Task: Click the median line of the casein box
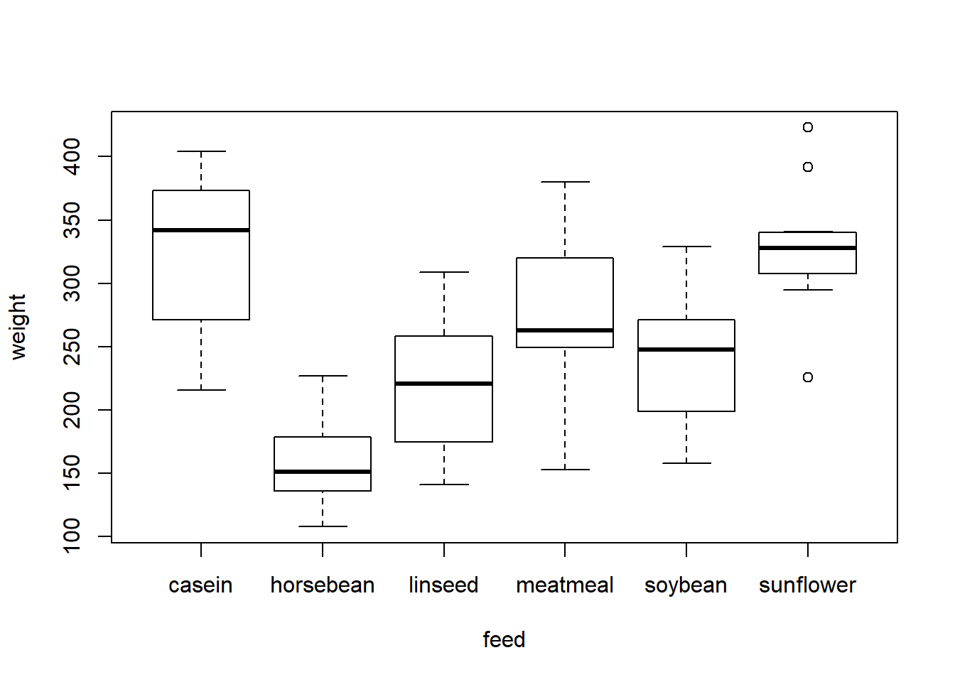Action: [x=201, y=230]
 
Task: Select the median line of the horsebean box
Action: [x=323, y=472]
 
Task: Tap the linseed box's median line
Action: [x=444, y=384]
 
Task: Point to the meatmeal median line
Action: [x=565, y=330]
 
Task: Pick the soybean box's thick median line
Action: [x=686, y=350]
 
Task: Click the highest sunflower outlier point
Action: [x=808, y=127]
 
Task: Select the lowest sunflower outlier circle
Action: [x=808, y=377]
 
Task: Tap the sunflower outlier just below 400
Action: [x=808, y=167]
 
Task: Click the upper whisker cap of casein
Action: [x=201, y=151]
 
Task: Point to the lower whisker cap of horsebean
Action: [x=323, y=526]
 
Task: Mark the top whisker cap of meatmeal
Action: [x=565, y=182]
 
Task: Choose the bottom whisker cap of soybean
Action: [x=686, y=463]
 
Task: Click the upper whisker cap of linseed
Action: [x=444, y=272]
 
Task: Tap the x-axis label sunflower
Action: [x=807, y=585]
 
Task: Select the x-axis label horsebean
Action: [x=323, y=585]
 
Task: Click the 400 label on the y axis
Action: [x=72, y=156]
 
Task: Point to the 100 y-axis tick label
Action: [x=72, y=536]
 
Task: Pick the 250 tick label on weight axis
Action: [x=72, y=347]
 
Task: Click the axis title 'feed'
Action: [x=504, y=639]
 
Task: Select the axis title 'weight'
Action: [x=18, y=327]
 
